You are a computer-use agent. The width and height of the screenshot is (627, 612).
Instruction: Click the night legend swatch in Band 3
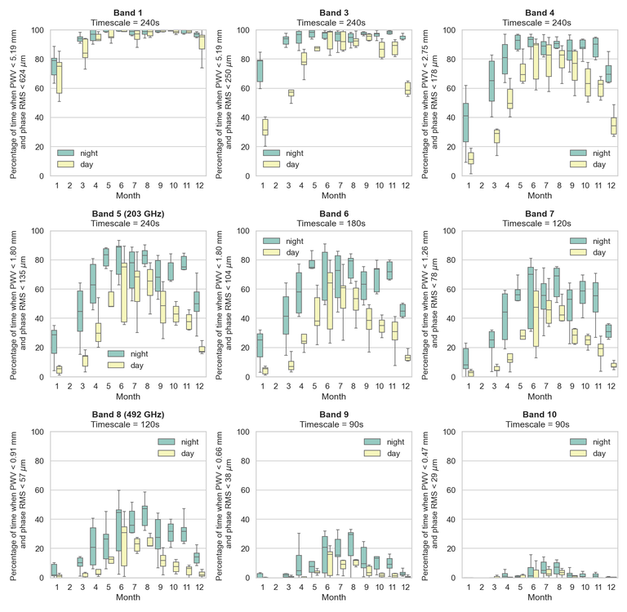pos(271,153)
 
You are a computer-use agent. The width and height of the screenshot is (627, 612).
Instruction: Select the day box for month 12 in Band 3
pos(407,88)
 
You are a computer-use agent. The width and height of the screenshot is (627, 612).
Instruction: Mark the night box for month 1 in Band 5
pos(54,342)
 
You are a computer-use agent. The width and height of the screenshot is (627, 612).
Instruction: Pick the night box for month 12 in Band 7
pos(607,331)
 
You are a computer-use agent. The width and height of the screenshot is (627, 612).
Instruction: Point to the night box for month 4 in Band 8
pos(92,546)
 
